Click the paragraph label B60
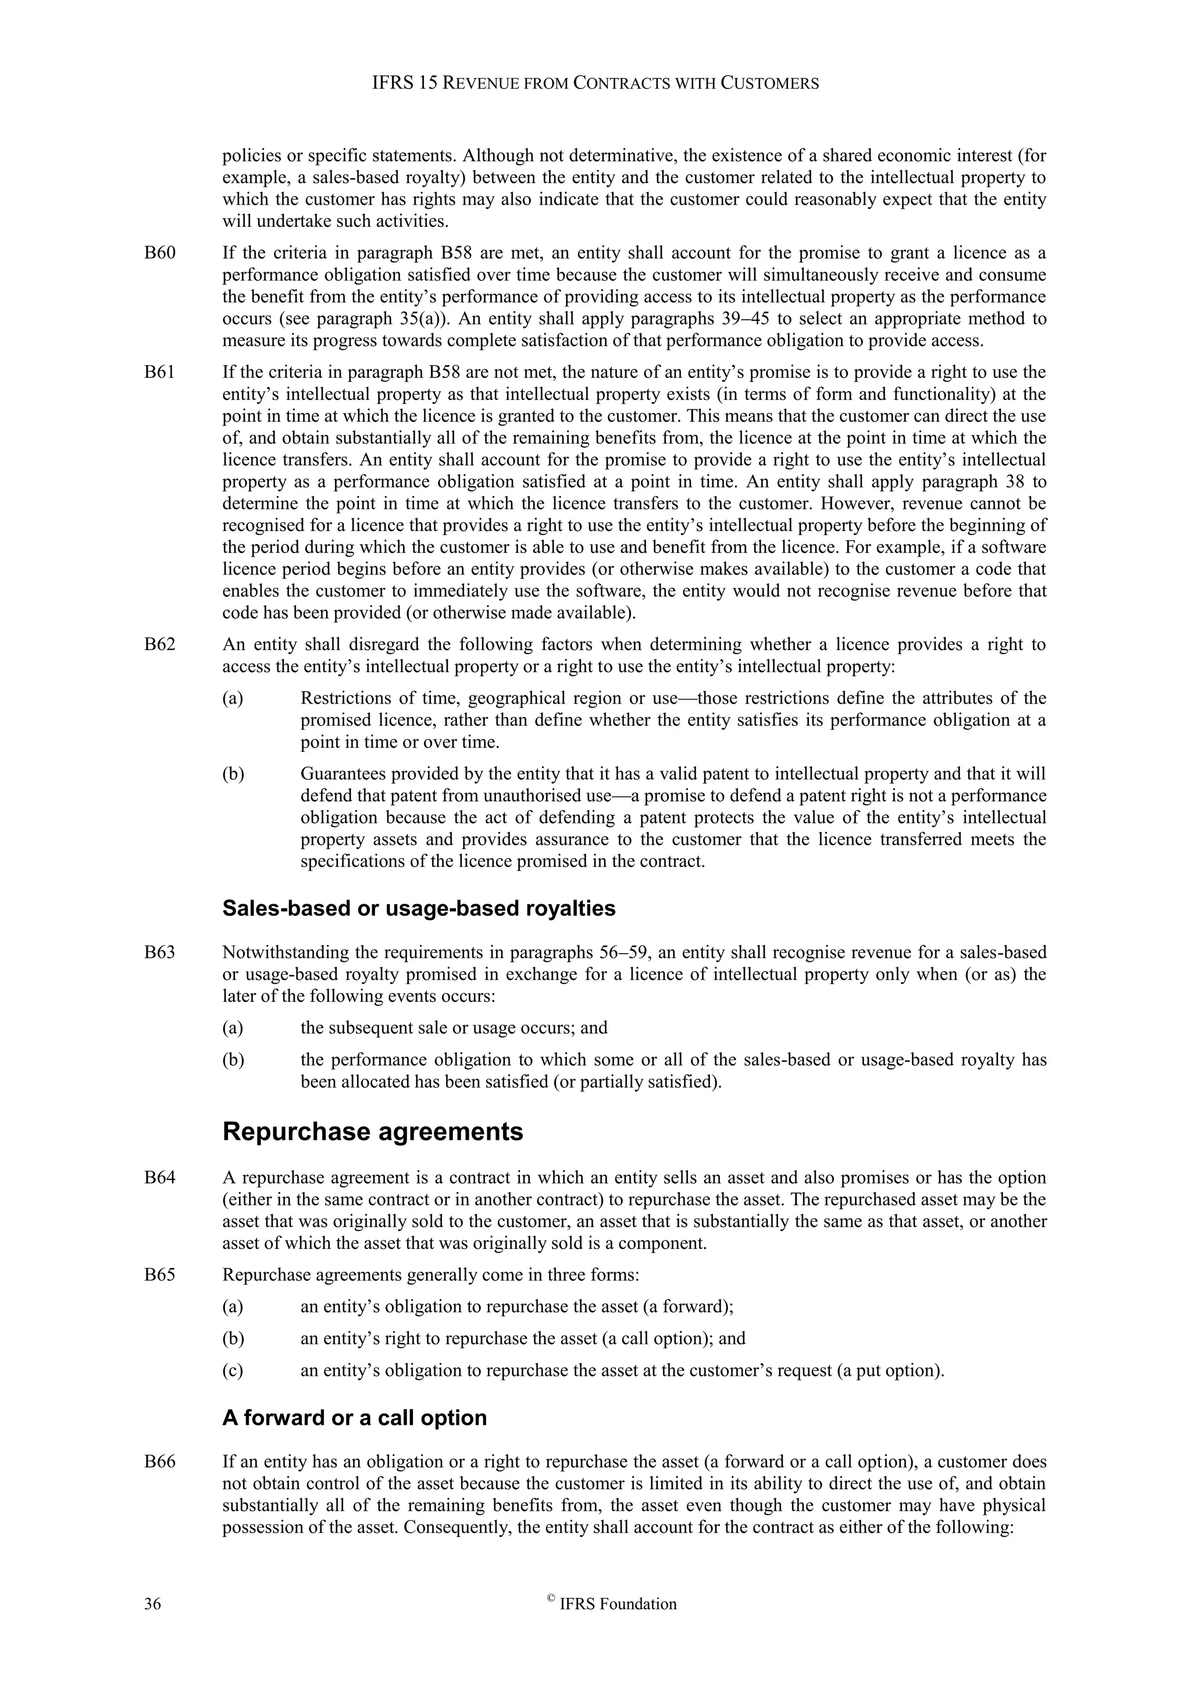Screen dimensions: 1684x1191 [160, 253]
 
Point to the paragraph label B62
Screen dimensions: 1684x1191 [160, 645]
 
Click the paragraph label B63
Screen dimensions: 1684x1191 [160, 952]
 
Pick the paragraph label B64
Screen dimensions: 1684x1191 [160, 1178]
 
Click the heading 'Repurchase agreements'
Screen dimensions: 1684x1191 [373, 1132]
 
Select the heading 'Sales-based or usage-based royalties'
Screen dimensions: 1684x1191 [419, 908]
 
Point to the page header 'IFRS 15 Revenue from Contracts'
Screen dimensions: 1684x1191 [595, 84]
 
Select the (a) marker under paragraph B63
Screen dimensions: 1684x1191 [233, 1027]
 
